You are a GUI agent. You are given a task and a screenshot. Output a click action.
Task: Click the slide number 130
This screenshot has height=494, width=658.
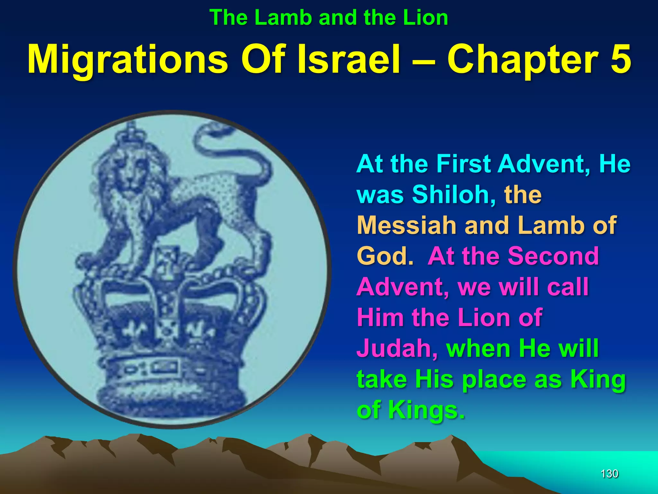tap(609, 473)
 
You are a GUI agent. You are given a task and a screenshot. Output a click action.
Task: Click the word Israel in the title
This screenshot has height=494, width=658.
tap(349, 59)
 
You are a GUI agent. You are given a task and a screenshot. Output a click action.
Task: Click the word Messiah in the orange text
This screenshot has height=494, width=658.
tap(407, 225)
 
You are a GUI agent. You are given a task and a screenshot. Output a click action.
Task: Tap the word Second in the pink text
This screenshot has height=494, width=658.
tap(553, 256)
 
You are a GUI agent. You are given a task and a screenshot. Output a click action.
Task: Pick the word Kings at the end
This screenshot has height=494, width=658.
tap(426, 410)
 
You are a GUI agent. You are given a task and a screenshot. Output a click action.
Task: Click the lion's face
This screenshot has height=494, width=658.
tap(130, 174)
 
